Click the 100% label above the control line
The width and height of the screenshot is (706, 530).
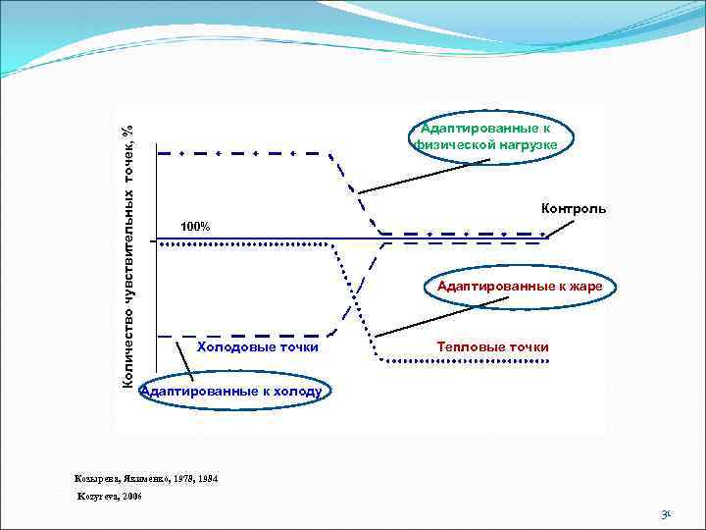pyautogui.click(x=195, y=228)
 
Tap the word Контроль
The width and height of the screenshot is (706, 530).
pyautogui.click(x=574, y=208)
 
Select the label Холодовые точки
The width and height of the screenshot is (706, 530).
pyautogui.click(x=258, y=346)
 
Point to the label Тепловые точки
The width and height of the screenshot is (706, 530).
pyautogui.click(x=492, y=346)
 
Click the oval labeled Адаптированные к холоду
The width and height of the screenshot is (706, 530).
pyautogui.click(x=231, y=390)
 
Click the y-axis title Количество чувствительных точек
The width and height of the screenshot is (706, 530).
pyautogui.click(x=127, y=255)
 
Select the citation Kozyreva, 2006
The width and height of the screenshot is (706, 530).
pyautogui.click(x=109, y=498)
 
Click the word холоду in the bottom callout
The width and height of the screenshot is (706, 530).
pyautogui.click(x=292, y=390)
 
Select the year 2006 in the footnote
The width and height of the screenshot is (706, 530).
pyautogui.click(x=130, y=498)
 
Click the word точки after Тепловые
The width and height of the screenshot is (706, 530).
pyautogui.click(x=529, y=346)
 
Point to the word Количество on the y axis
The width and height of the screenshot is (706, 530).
pyautogui.click(x=127, y=349)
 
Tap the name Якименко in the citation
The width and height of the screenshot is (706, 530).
pyautogui.click(x=145, y=478)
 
